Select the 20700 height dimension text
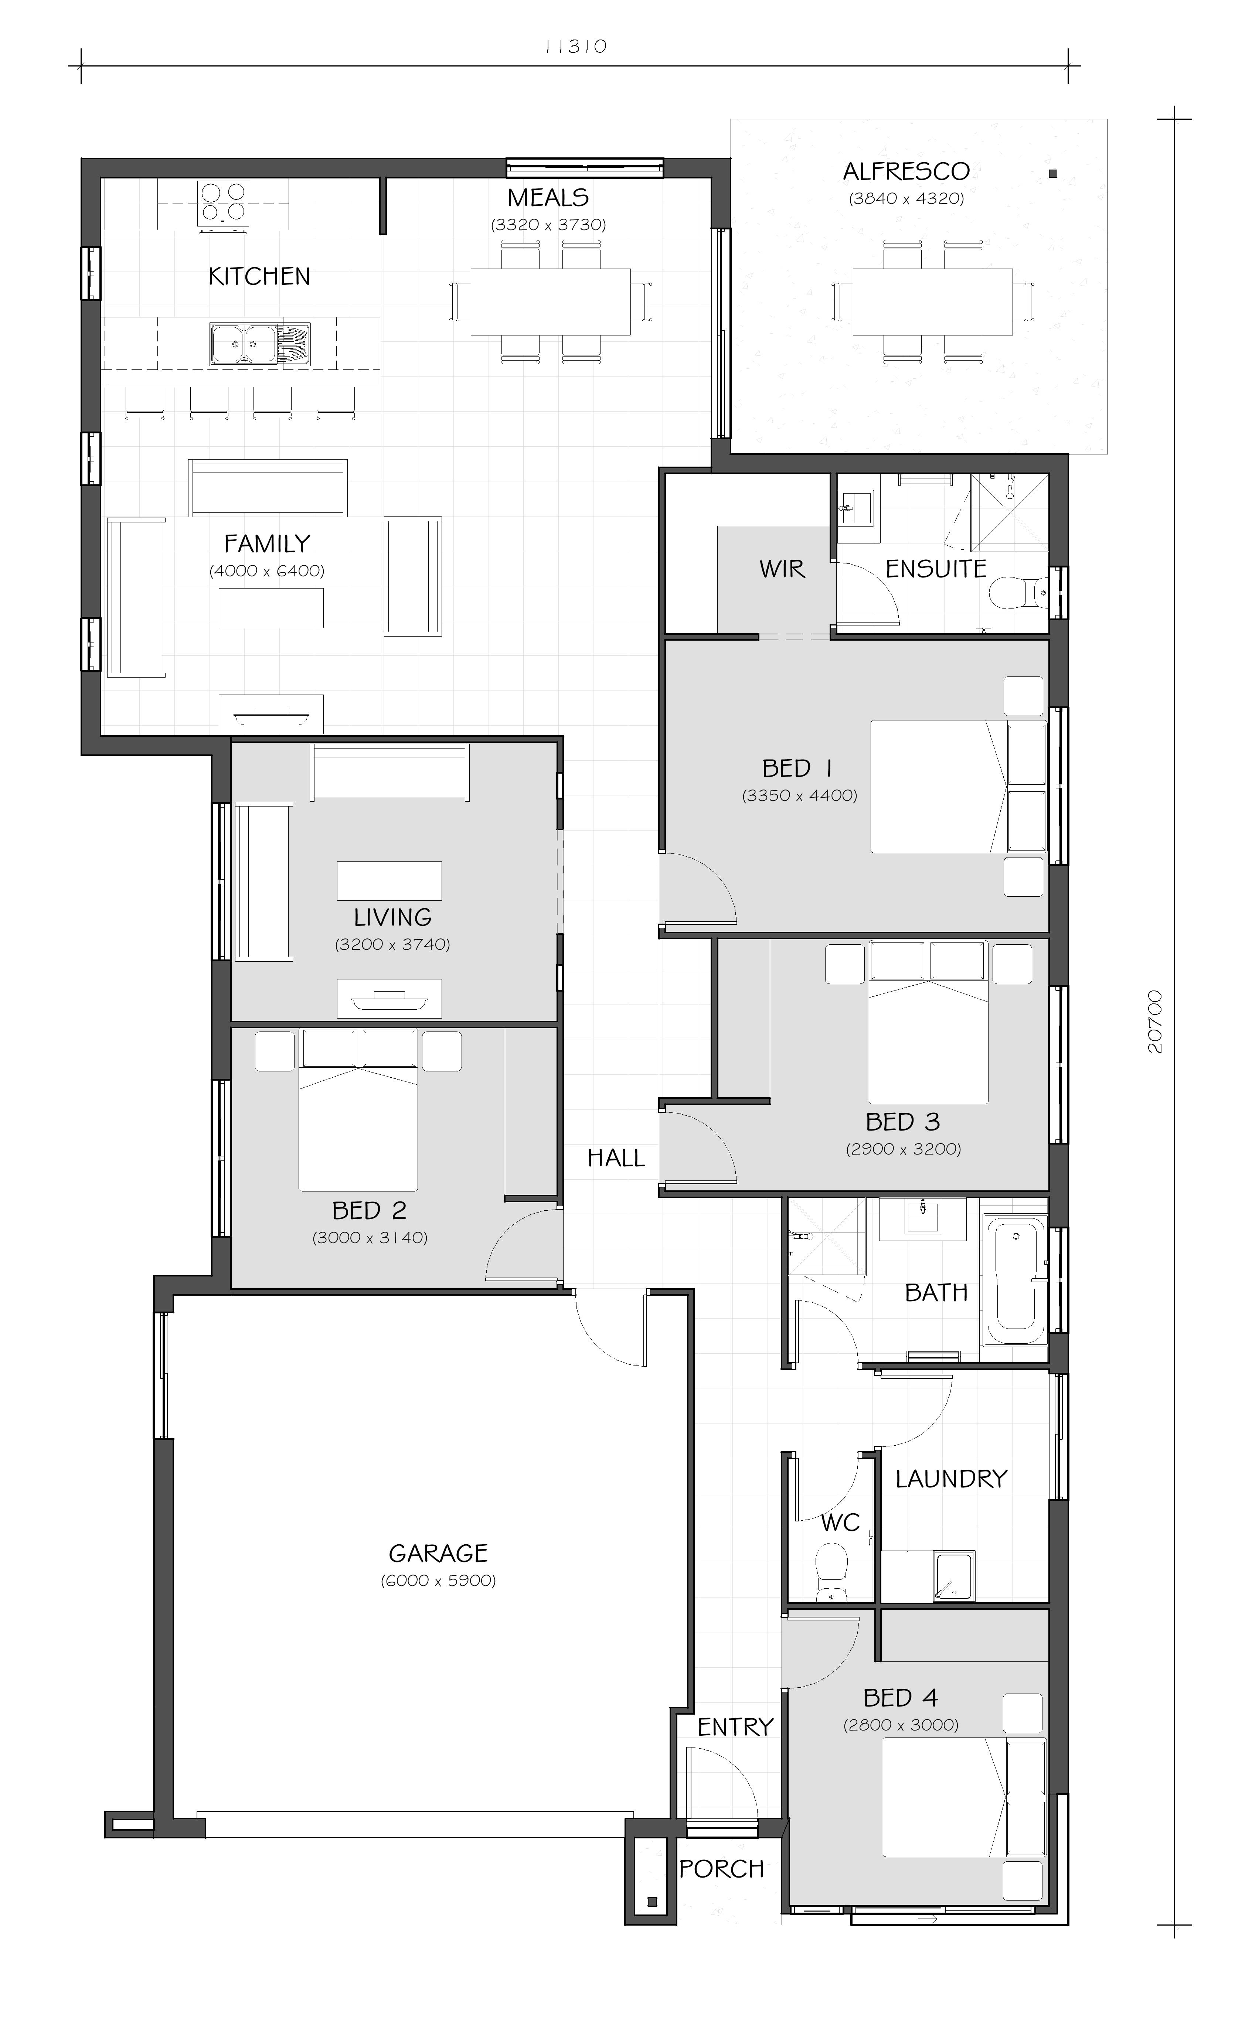tap(1156, 1022)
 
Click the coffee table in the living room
tap(389, 880)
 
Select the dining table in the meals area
tap(551, 301)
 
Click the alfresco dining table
tap(932, 301)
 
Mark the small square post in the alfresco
tap(1053, 174)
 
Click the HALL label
tap(616, 1158)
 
